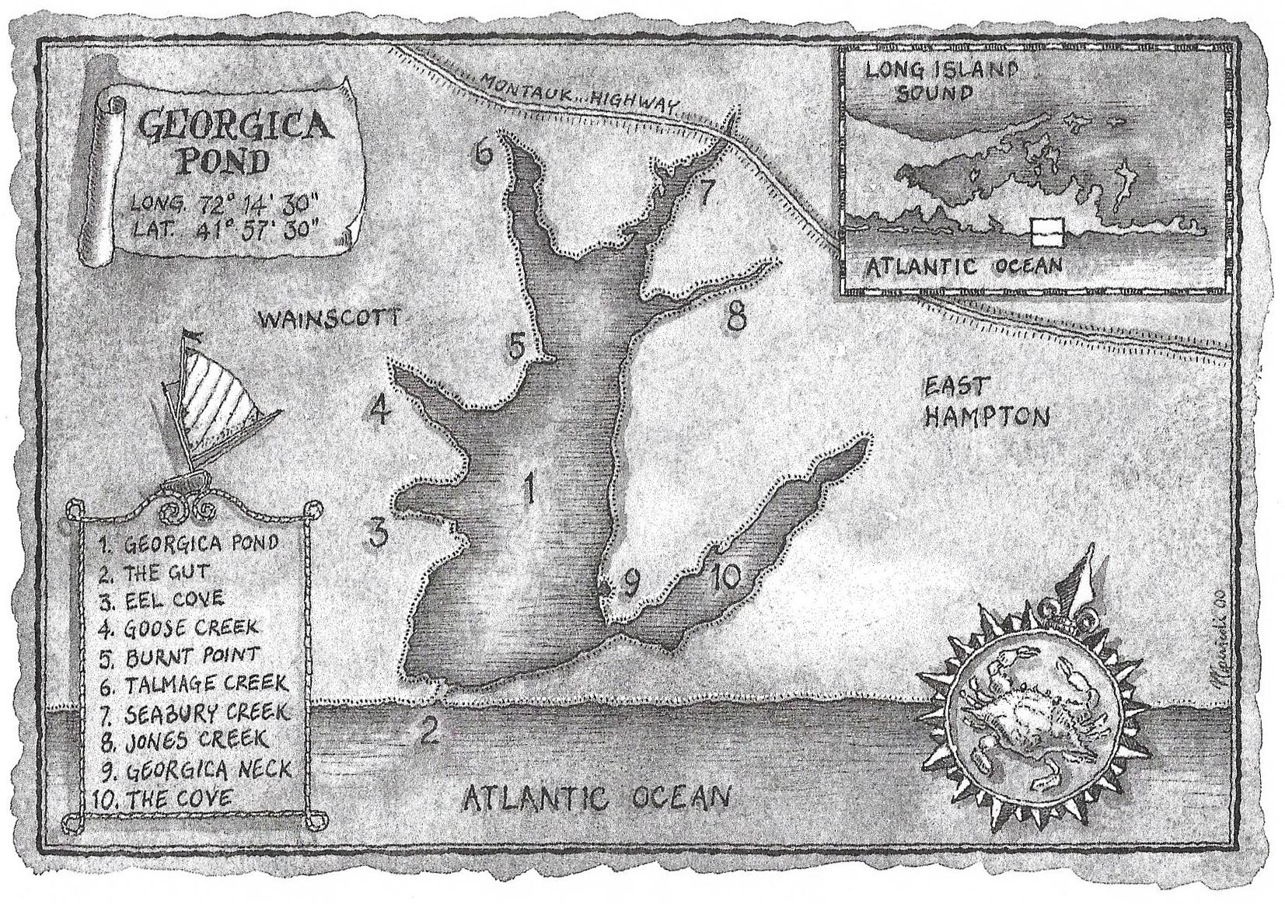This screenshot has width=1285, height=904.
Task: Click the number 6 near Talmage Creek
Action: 484,152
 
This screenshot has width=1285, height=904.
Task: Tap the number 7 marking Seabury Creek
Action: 704,192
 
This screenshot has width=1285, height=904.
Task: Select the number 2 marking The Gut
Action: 428,731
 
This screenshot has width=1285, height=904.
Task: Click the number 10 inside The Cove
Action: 725,578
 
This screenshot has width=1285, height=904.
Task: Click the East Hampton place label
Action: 985,402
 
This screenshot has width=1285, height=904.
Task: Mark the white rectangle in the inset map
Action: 1046,230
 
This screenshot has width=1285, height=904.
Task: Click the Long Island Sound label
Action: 941,81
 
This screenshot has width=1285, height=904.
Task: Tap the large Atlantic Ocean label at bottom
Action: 596,798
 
